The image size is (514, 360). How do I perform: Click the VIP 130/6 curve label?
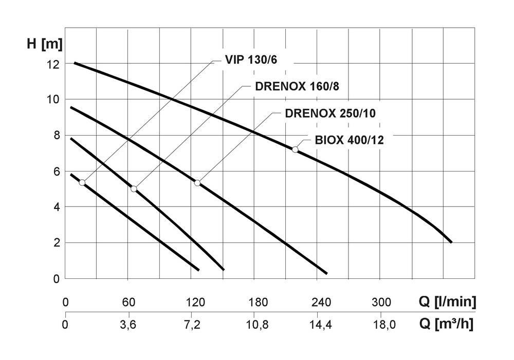250,60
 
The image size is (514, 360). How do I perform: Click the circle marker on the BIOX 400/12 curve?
295,149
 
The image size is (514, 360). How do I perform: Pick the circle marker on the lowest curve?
82,182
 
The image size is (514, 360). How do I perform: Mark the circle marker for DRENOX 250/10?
197,183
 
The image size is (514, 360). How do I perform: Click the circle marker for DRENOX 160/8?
134,189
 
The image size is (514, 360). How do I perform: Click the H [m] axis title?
45,44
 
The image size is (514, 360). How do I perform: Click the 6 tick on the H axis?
58,171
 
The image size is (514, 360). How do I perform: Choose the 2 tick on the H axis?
58,243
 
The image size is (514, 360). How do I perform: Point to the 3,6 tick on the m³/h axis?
129,325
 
